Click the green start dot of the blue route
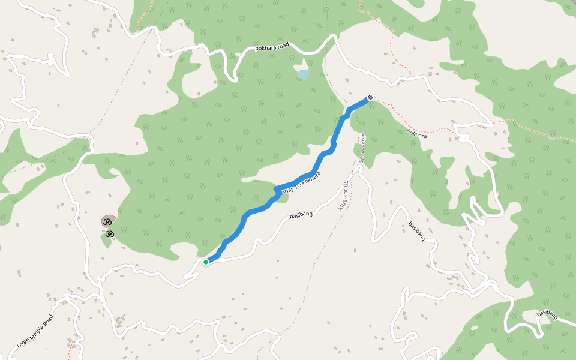click(x=206, y=262)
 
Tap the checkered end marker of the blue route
click(x=370, y=97)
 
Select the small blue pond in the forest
click(x=304, y=74)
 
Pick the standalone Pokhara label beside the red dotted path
click(x=416, y=134)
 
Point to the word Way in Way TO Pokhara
click(x=290, y=189)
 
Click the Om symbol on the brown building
click(x=108, y=221)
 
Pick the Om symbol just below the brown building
click(x=109, y=233)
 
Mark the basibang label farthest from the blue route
click(x=548, y=314)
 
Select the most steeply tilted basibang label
click(x=416, y=232)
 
